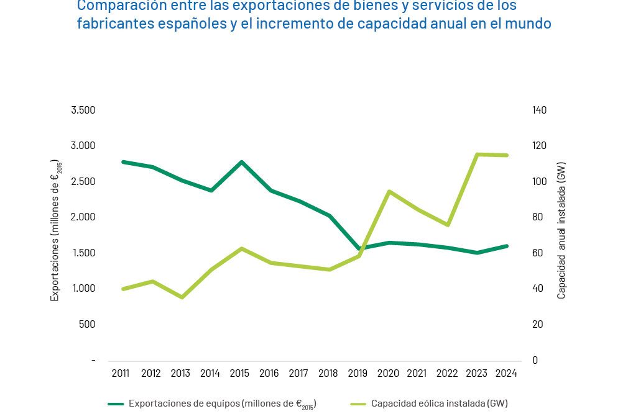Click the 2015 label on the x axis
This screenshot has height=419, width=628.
click(239, 373)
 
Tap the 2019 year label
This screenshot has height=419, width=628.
click(358, 373)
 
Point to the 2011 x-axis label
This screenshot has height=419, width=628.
click(121, 373)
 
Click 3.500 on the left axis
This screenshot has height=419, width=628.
click(83, 110)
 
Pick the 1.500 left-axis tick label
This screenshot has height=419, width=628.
click(83, 253)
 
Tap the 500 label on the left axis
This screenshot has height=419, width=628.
click(88, 324)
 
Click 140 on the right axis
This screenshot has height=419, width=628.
click(539, 110)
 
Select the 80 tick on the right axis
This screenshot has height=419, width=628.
click(537, 217)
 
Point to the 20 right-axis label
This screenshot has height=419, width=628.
click(537, 324)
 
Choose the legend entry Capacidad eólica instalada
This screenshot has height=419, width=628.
click(439, 403)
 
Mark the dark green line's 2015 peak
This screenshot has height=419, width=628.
click(240, 162)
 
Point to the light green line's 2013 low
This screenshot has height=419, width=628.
click(182, 297)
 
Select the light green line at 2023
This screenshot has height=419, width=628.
click(477, 155)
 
